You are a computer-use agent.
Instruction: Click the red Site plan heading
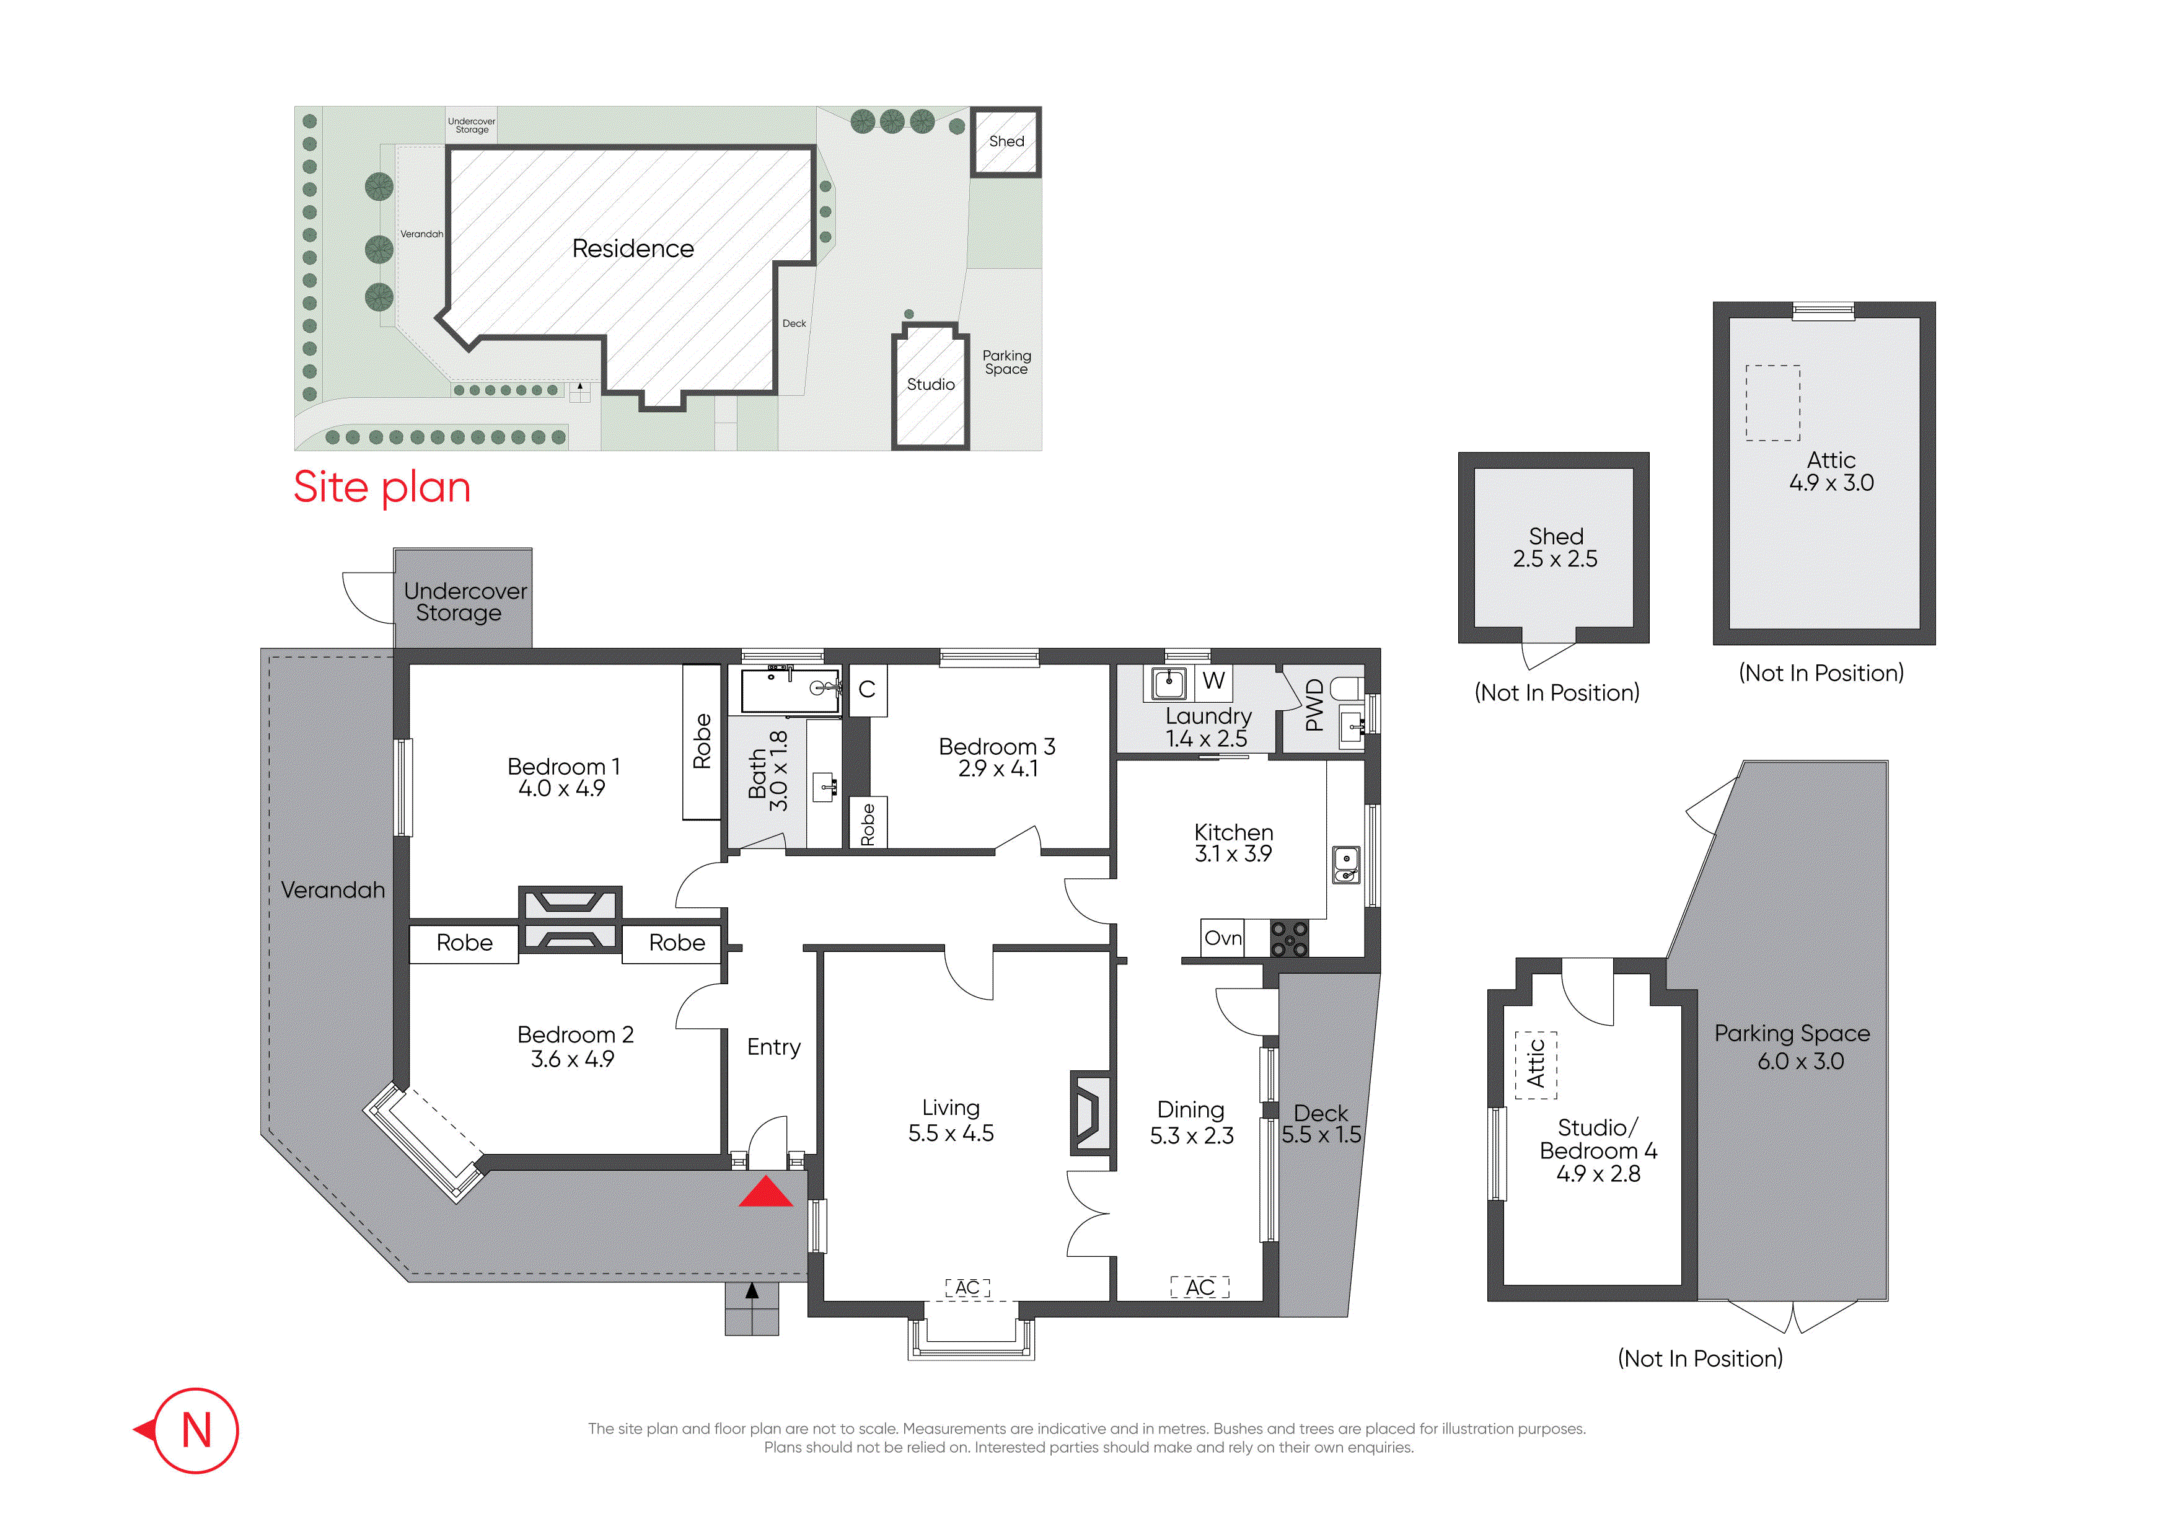click(382, 488)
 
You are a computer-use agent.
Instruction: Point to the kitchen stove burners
click(1288, 938)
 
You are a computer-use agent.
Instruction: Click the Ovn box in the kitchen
click(1222, 938)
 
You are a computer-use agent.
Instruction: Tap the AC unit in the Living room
click(967, 1288)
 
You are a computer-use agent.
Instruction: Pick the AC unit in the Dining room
click(1200, 1287)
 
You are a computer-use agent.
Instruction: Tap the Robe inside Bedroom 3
click(868, 823)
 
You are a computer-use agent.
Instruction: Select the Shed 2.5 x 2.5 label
click(1555, 547)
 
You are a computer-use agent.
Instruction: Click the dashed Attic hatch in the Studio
click(1536, 1065)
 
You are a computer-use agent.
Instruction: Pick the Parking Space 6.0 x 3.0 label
click(1792, 1046)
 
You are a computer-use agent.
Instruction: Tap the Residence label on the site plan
click(633, 248)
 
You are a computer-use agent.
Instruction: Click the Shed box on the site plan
click(1006, 141)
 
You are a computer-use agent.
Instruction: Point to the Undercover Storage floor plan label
click(465, 601)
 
